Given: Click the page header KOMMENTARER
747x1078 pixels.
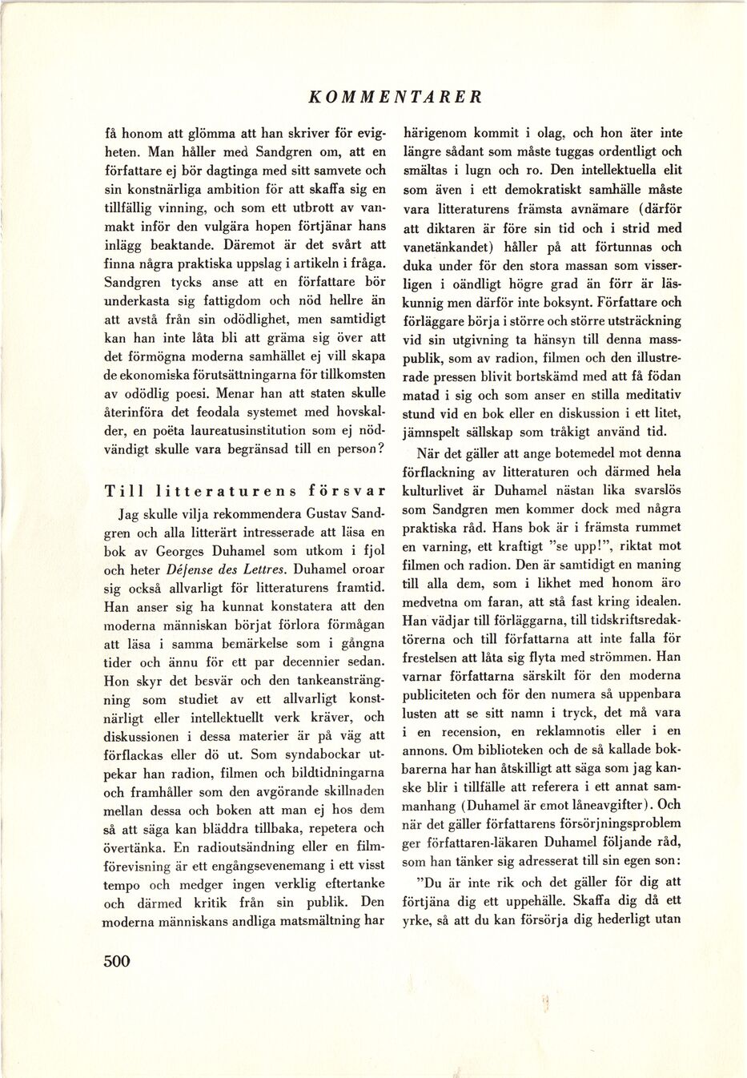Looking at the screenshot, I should click(396, 97).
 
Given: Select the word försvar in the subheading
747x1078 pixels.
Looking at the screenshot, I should click(338, 492).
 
